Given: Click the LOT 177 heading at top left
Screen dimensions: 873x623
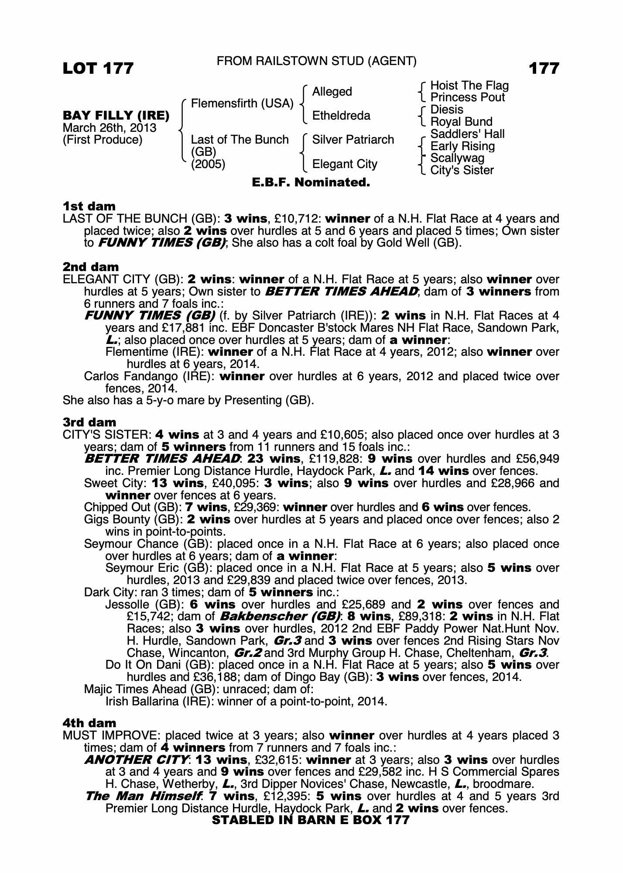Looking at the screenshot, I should point(98,69).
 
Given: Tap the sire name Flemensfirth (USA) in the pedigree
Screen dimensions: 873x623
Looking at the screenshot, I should point(242,103).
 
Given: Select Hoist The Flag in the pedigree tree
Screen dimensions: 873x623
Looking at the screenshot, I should point(469,86).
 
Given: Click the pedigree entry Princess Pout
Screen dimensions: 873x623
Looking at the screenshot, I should point(467,97).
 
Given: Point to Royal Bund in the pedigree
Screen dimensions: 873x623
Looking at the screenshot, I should point(461,122).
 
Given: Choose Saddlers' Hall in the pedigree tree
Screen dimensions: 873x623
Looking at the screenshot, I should point(467,134).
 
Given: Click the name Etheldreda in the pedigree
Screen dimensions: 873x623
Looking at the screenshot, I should point(341,116).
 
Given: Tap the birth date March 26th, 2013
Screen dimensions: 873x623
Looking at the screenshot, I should point(110,128).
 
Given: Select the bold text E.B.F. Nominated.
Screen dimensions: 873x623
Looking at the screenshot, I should point(311,182).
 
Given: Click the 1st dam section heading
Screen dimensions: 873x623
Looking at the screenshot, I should point(89,206).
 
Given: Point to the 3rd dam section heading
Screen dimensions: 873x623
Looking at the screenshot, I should point(89,422).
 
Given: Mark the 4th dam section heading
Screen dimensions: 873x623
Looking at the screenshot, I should point(89,723).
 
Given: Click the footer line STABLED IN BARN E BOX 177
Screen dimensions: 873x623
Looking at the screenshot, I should point(311,820).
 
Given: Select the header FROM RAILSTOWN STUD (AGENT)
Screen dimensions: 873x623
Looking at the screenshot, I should point(316,62).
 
